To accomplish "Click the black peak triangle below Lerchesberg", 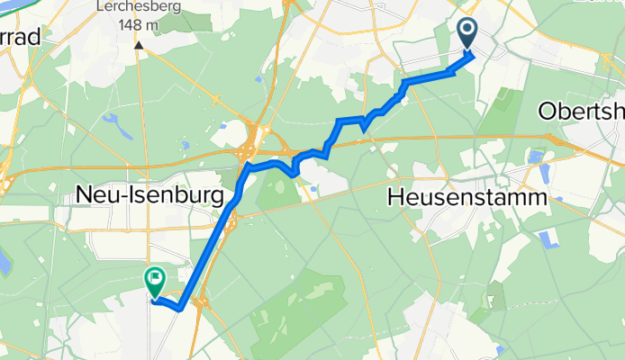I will point(140,43).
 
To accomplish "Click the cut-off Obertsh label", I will point(581,111).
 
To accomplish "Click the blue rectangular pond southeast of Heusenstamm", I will point(547,240).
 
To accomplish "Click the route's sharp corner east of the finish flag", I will point(181,308).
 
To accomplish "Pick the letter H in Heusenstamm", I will point(394,195).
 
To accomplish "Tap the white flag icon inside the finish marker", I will point(155,279).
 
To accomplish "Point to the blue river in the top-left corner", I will point(27,6).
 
